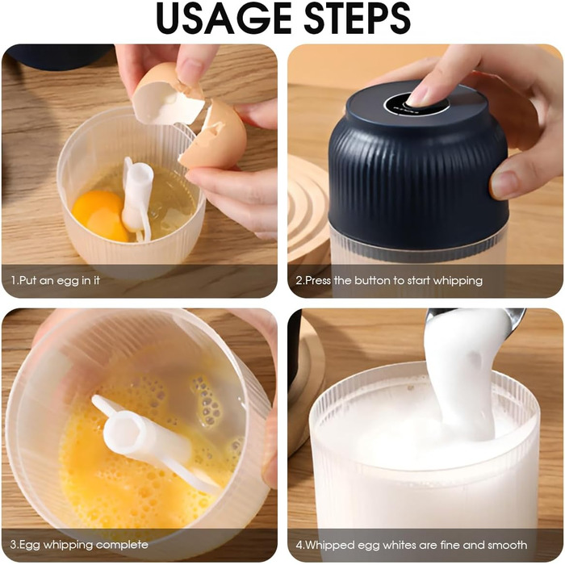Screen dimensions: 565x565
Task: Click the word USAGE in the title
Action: click(x=224, y=18)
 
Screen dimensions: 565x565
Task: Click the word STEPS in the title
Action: click(x=358, y=18)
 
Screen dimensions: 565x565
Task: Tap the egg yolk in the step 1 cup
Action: click(x=100, y=216)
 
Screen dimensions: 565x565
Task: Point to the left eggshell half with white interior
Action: click(x=165, y=94)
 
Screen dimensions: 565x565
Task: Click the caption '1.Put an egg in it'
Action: click(x=55, y=280)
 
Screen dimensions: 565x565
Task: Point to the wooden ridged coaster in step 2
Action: click(x=309, y=208)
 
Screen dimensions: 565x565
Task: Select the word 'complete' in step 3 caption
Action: click(x=122, y=545)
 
